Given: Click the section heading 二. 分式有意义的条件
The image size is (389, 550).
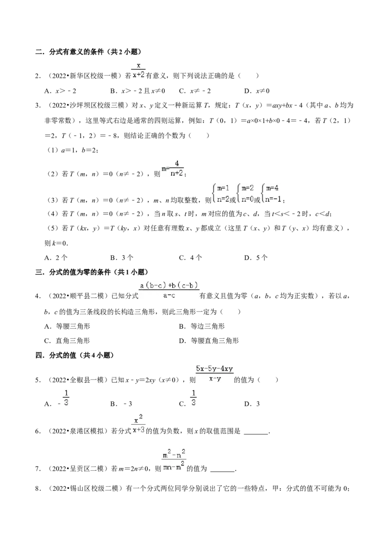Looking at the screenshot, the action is tap(88, 52).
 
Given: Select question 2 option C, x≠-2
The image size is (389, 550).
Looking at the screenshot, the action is tap(195, 91).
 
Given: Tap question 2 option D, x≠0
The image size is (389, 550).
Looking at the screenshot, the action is tap(257, 91).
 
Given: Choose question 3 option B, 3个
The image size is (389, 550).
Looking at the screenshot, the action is tap(122, 258).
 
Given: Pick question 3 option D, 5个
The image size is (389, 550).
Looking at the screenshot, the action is tap(256, 258).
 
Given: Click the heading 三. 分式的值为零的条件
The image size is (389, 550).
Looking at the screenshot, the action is tap(91, 272).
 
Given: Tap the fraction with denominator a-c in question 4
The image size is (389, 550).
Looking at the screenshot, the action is tap(169, 291).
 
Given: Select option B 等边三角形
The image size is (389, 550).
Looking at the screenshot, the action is tap(201, 326).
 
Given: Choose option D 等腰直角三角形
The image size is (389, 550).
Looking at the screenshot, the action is tap(209, 341).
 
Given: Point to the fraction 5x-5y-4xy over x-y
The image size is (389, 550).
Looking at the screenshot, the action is tap(214, 374).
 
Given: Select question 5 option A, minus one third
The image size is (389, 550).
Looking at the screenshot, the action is tap(56, 399).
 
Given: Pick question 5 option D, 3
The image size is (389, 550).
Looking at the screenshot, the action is tap(252, 404).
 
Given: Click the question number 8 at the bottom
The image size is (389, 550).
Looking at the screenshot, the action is tap(37, 488).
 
